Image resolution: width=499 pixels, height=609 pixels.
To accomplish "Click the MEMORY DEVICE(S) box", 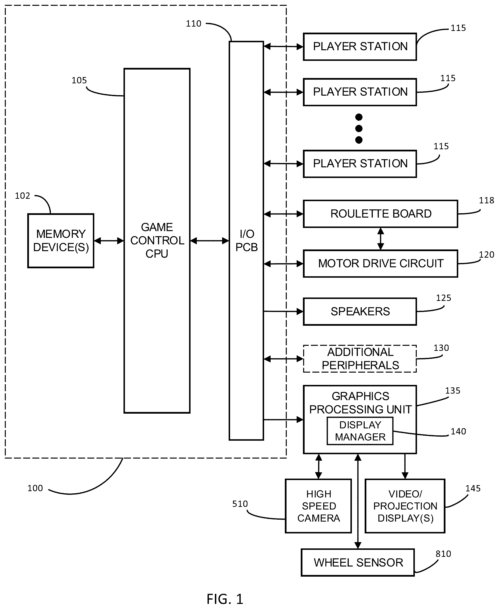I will tap(61, 241).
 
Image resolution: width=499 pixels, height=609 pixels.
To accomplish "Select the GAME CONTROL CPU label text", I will tap(157, 240).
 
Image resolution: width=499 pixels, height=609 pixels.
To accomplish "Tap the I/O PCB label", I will tap(246, 240).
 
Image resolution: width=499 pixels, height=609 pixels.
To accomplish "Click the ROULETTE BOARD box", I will tap(380, 214).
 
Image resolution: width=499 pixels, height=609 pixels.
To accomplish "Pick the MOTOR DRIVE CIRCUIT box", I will tap(380, 264).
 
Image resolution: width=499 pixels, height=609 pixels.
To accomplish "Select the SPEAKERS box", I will tap(360, 312).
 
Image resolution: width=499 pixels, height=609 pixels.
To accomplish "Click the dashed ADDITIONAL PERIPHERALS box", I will tap(360, 359).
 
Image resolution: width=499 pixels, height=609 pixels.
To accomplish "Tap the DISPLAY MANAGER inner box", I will tap(360, 431).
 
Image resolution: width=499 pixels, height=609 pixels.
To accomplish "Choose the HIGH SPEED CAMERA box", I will tap(318, 506).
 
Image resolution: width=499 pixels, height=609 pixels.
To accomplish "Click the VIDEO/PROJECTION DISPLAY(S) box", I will tap(405, 506).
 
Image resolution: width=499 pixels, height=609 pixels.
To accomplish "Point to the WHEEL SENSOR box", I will tap(358, 563).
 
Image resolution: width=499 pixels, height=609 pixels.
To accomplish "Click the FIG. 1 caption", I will tap(225, 599).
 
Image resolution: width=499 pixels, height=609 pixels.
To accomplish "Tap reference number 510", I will tap(240, 504).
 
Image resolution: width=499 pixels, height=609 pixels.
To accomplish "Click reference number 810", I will tap(443, 554).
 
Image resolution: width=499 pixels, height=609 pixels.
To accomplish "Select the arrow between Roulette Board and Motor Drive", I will tap(381, 239).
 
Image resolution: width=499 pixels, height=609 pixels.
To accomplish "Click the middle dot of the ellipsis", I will tap(359, 128).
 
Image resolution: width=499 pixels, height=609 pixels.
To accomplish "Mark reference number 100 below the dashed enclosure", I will tap(35, 488).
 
